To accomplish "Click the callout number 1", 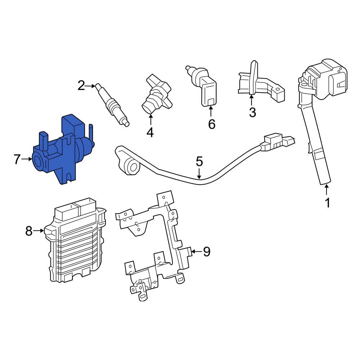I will click(327, 203).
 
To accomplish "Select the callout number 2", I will click(81, 86).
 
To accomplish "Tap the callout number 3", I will click(252, 112).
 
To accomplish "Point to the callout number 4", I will click(150, 132).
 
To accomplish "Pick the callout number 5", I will click(199, 162).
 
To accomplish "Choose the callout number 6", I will click(212, 124).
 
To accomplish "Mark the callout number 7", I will click(17, 159).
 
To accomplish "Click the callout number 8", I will click(29, 231).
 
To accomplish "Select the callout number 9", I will click(206, 252).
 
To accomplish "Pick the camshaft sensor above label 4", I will click(157, 94).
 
